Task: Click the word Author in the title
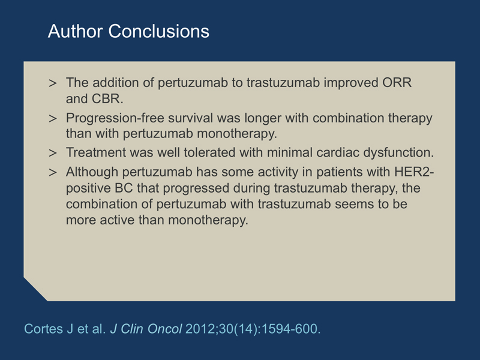coord(75,31)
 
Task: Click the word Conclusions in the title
coord(158,31)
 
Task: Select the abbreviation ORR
coord(397,83)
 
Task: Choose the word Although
coord(92,172)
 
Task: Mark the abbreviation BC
coord(124,188)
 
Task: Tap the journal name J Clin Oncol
coord(146,329)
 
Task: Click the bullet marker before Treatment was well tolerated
coord(53,153)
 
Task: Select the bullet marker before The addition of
coord(53,83)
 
